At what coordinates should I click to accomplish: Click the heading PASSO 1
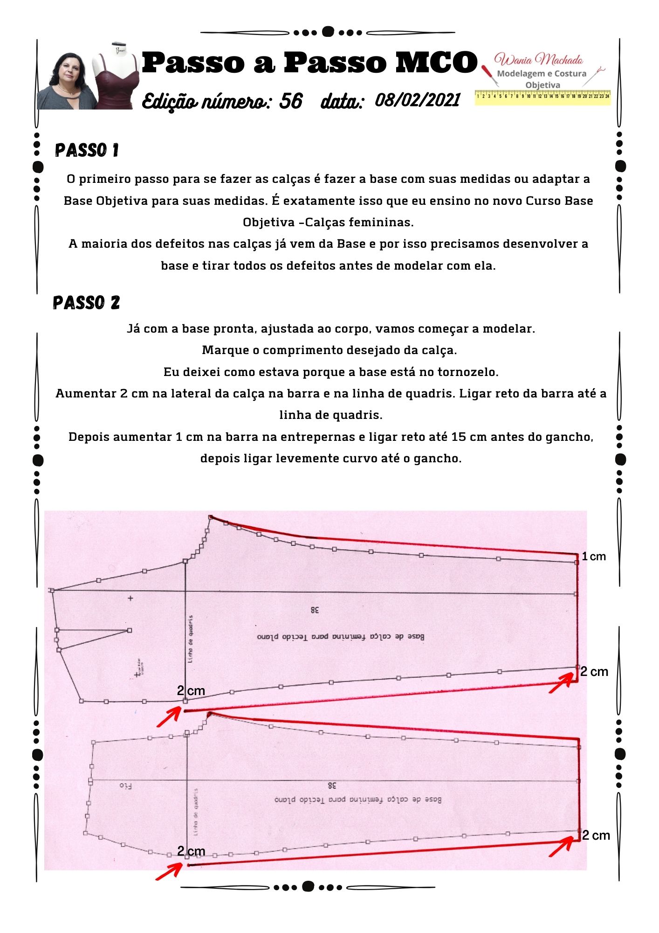[x=87, y=150]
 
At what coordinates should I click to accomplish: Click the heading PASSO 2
[x=87, y=303]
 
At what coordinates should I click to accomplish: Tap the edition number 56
[x=291, y=101]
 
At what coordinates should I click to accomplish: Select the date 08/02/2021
[x=417, y=99]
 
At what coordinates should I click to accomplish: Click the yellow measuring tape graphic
[x=542, y=97]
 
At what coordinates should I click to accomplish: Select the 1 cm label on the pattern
[x=593, y=556]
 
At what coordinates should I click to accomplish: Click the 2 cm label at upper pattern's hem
[x=594, y=671]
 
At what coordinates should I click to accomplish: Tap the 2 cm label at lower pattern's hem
[x=596, y=835]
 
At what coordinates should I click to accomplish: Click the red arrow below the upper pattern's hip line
[x=169, y=717]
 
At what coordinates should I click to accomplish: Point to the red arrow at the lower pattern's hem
[x=561, y=846]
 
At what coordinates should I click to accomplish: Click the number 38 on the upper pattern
[x=315, y=609]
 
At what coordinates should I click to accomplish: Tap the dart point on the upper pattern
[x=130, y=630]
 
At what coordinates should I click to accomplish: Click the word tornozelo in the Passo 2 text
[x=467, y=372]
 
